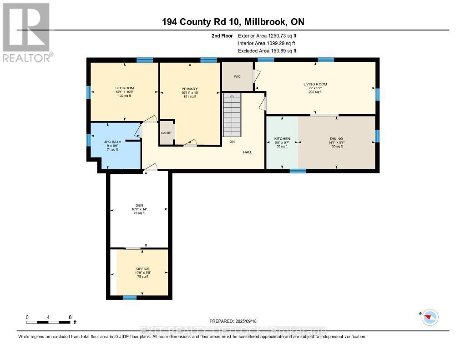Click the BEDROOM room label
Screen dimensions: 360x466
click(x=124, y=88)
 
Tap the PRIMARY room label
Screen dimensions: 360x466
click(x=189, y=89)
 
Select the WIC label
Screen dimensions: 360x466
click(x=237, y=76)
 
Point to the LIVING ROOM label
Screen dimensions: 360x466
click(x=315, y=84)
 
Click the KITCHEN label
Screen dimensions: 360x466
click(x=282, y=138)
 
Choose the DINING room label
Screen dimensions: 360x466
click(x=336, y=138)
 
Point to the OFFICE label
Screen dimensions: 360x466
click(x=143, y=269)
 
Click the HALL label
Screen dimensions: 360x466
click(x=247, y=152)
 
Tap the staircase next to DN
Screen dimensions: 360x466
click(x=232, y=117)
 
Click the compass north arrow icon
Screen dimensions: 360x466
click(x=430, y=317)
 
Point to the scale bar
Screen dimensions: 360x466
click(x=48, y=322)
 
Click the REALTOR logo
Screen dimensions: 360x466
click(x=26, y=32)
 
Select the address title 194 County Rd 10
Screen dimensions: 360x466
click(x=233, y=22)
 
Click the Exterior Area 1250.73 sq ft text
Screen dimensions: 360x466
click(x=267, y=35)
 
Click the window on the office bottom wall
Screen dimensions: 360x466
click(x=130, y=298)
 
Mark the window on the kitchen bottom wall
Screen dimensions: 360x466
click(x=298, y=171)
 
